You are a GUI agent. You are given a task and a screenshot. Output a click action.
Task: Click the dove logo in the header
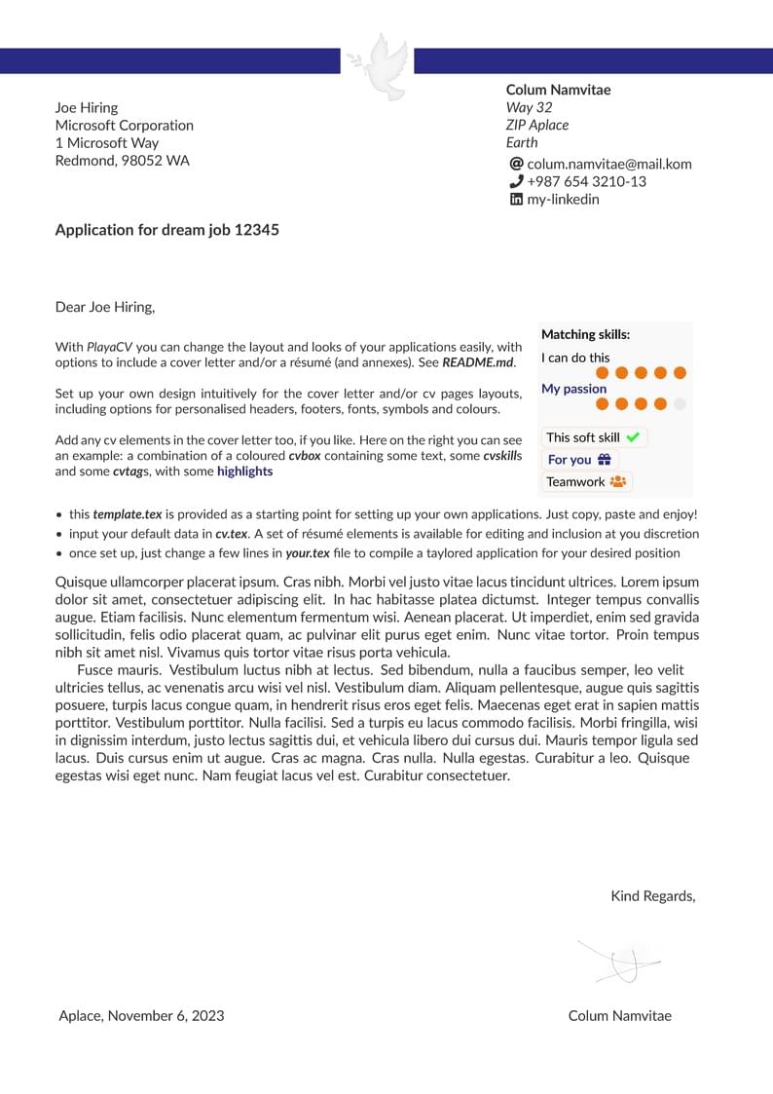pyautogui.click(x=378, y=65)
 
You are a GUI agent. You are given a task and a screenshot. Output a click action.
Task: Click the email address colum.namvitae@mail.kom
pyautogui.click(x=609, y=164)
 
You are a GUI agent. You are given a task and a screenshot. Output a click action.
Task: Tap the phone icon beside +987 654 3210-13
pyautogui.click(x=516, y=181)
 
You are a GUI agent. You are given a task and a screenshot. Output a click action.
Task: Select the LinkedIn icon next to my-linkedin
pyautogui.click(x=516, y=199)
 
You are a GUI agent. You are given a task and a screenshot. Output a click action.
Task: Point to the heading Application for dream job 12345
pyautogui.click(x=166, y=230)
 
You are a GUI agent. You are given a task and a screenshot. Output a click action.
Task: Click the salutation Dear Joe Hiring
pyautogui.click(x=105, y=307)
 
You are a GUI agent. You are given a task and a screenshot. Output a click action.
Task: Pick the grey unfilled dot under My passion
pyautogui.click(x=680, y=403)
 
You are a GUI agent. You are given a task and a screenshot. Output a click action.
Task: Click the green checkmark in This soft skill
pyautogui.click(x=633, y=437)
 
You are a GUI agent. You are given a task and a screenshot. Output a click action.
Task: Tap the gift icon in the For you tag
pyautogui.click(x=605, y=460)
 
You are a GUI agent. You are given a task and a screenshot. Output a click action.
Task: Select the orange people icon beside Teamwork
pyautogui.click(x=618, y=481)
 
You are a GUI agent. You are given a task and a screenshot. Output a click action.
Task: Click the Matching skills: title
pyautogui.click(x=585, y=334)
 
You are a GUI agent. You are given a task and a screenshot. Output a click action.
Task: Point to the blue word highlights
pyautogui.click(x=244, y=472)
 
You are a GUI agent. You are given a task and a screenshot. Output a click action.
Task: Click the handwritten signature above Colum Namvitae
pyautogui.click(x=620, y=961)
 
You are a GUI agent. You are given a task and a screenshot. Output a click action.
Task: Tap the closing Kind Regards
pyautogui.click(x=652, y=896)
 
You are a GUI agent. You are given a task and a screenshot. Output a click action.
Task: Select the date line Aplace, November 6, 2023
pyautogui.click(x=141, y=1015)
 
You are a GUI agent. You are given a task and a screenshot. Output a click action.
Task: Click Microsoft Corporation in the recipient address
pyautogui.click(x=124, y=125)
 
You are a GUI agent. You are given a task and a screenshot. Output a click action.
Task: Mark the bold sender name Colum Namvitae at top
pyautogui.click(x=558, y=90)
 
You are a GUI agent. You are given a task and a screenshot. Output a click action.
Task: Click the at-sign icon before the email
pyautogui.click(x=516, y=164)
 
